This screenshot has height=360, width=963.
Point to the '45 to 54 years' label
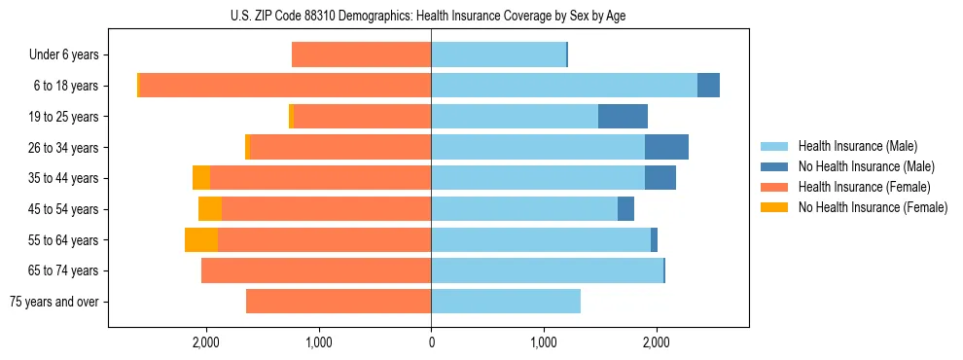point(64,209)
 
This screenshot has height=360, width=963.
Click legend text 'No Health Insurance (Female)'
point(873,207)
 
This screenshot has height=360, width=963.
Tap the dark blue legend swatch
point(774,166)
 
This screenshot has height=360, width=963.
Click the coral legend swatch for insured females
point(774,187)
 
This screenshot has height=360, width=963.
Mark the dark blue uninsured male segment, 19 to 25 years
point(623,117)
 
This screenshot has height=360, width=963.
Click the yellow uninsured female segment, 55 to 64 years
point(201,240)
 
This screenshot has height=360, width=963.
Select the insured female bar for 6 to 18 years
point(285,86)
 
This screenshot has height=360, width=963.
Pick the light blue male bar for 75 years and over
point(506,302)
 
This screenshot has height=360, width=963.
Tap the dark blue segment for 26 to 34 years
point(666,148)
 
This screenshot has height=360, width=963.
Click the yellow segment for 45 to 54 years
point(210,209)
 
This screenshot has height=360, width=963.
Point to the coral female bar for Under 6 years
point(361,55)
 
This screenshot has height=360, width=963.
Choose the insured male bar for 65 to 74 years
point(547,270)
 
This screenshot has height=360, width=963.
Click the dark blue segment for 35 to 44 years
point(660,178)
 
